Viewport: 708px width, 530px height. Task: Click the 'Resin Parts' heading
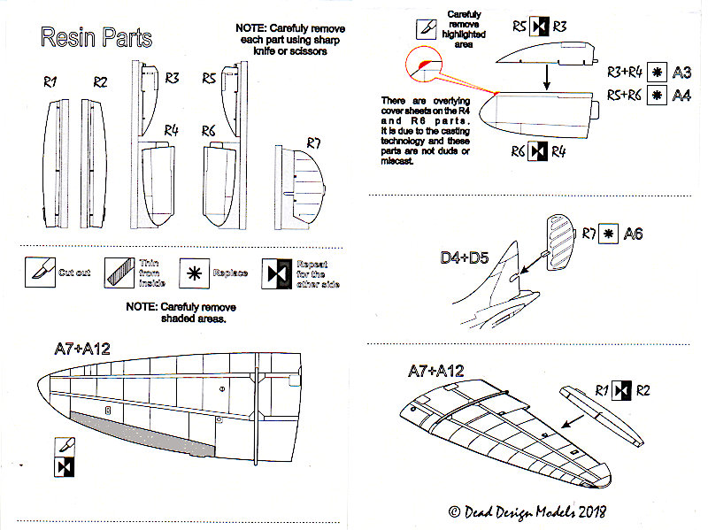tap(96, 39)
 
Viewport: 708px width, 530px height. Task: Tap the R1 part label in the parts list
tap(50, 82)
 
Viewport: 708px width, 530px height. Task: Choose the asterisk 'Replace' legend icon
tap(192, 273)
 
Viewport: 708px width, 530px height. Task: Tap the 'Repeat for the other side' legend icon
tap(276, 273)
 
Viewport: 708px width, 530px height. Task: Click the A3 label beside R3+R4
tap(681, 72)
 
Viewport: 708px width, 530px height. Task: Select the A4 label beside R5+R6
tap(681, 95)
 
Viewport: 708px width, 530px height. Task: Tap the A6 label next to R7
tap(634, 234)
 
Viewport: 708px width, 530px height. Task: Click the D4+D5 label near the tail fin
tap(466, 258)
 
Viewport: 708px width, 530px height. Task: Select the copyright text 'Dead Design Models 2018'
tap(527, 511)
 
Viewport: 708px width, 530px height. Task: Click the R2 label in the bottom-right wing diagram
tap(643, 389)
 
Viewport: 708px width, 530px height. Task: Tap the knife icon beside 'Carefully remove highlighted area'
tap(425, 28)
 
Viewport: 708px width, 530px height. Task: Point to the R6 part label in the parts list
tap(209, 131)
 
